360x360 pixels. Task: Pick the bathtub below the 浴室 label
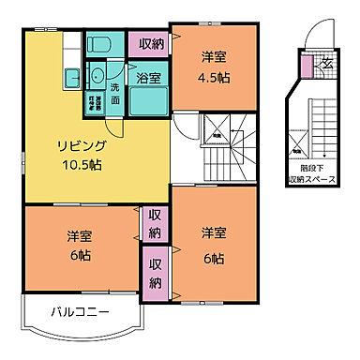click(147, 101)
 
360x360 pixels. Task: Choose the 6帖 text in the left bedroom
click(79, 254)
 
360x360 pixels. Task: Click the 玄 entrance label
click(325, 63)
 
